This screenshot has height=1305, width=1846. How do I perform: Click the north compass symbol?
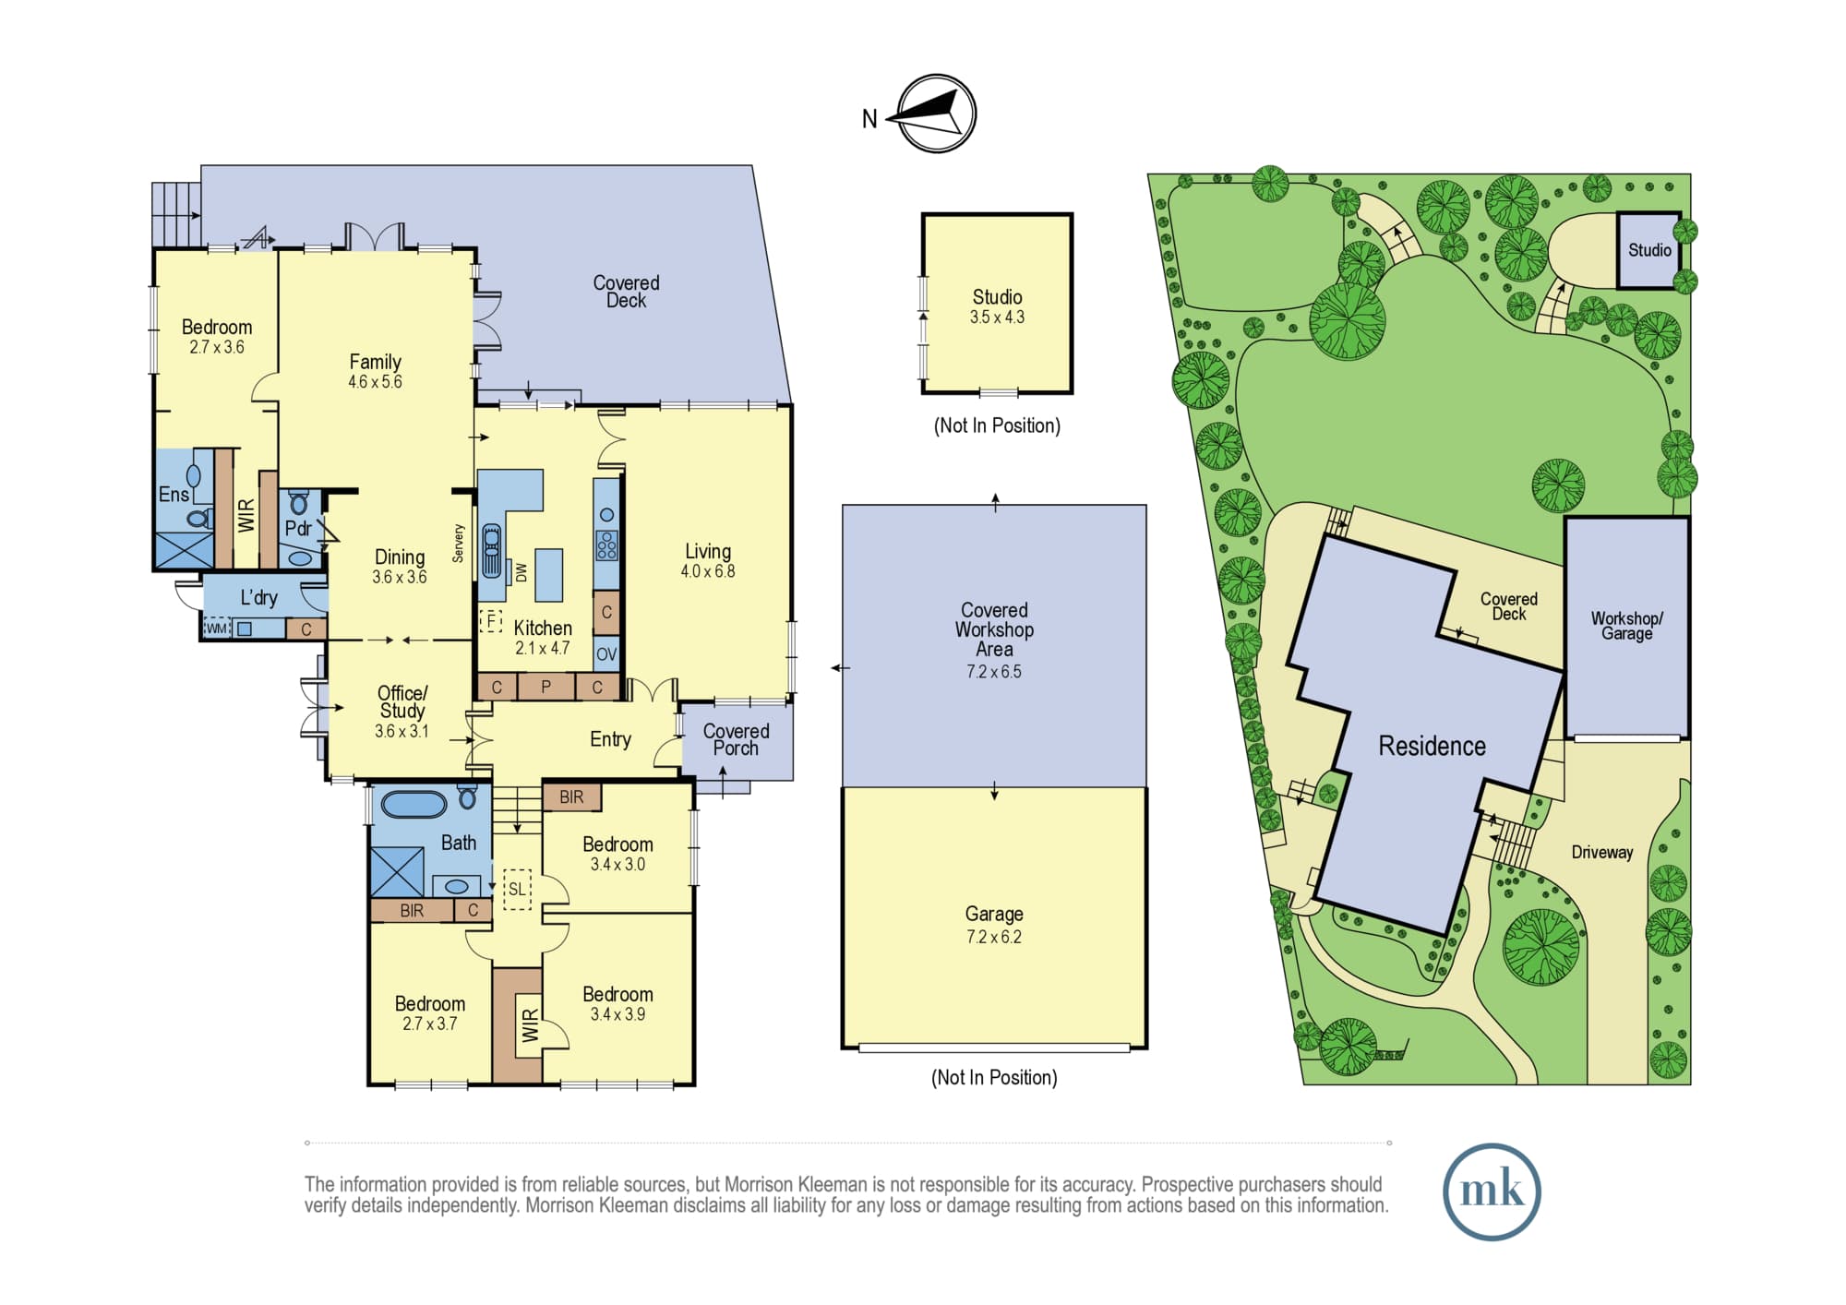[x=937, y=114]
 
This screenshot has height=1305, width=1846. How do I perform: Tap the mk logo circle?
[x=1492, y=1191]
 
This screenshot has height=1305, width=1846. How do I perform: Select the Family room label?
[x=375, y=362]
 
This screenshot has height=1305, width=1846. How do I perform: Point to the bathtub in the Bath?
[x=414, y=804]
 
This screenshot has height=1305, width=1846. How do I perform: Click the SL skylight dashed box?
[x=517, y=889]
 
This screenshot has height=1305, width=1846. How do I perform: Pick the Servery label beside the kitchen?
[x=459, y=544]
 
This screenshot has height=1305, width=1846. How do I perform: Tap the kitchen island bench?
[x=549, y=575]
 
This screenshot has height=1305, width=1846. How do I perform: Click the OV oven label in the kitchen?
[x=606, y=654]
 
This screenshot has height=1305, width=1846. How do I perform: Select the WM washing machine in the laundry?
[x=216, y=629]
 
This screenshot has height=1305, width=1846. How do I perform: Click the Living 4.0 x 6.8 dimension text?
[x=708, y=571]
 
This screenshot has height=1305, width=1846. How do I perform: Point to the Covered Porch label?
[x=736, y=739]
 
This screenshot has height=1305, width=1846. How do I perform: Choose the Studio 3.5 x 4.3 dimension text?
[x=997, y=317]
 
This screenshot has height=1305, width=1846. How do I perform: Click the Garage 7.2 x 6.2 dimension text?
[x=994, y=937]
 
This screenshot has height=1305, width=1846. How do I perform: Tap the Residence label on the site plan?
[x=1432, y=746]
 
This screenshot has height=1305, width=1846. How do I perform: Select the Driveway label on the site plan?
[x=1602, y=853]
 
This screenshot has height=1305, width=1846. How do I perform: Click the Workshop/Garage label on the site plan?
[x=1626, y=626]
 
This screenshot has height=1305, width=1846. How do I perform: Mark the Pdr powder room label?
[x=297, y=529]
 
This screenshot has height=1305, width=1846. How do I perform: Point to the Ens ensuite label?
[x=174, y=495]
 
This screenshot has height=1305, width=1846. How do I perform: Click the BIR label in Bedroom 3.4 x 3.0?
[x=571, y=797]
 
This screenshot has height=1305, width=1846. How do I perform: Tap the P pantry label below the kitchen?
[x=545, y=687]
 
